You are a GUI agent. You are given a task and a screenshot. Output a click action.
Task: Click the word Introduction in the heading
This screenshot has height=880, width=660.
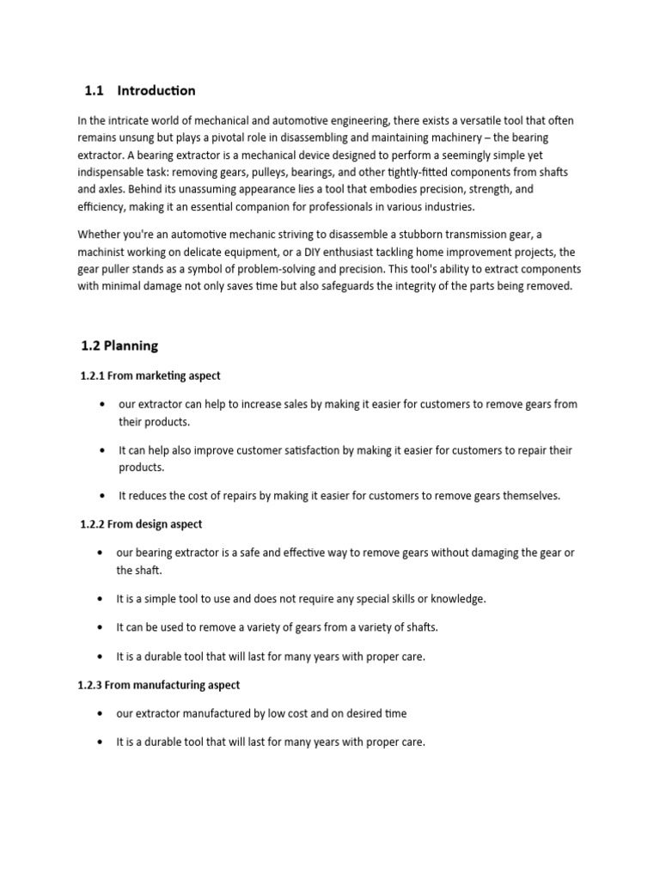point(156,90)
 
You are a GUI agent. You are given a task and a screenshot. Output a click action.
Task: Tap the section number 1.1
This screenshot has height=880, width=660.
point(94,90)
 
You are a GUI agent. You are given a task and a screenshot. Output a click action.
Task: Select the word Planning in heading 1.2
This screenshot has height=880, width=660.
point(131,346)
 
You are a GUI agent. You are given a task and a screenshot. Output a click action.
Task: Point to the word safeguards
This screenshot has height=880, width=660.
point(327,286)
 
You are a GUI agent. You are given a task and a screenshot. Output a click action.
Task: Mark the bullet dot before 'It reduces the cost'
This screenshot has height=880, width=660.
point(102,496)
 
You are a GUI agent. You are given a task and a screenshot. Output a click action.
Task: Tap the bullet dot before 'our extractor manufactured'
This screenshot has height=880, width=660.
point(102,713)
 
